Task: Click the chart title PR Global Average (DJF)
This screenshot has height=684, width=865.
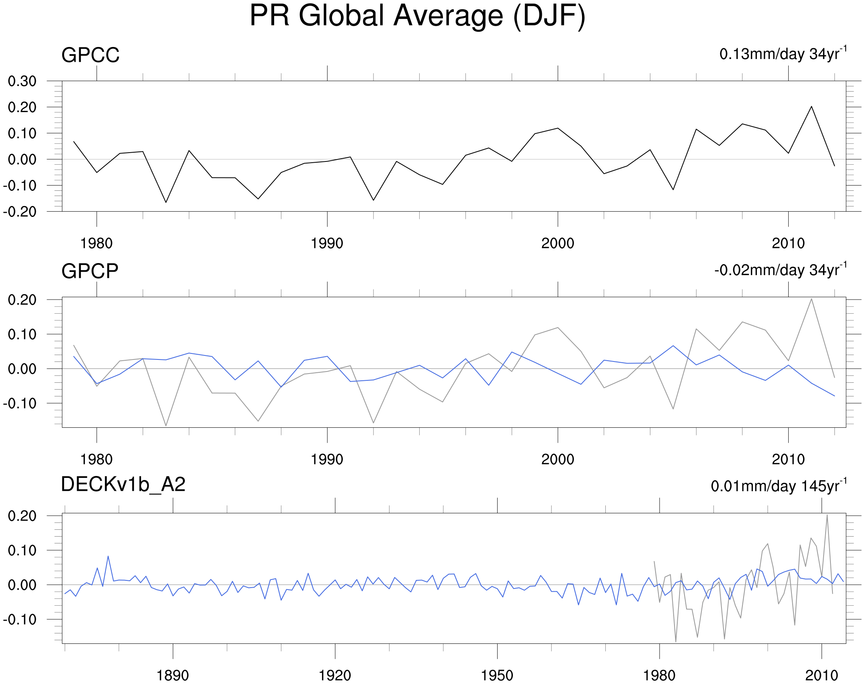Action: coord(417,16)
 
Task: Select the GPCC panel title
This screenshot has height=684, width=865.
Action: coord(90,55)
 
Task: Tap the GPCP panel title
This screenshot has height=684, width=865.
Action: coord(90,271)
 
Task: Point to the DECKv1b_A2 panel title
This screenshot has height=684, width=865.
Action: coord(123,484)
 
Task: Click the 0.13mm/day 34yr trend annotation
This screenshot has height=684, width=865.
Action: coord(783,54)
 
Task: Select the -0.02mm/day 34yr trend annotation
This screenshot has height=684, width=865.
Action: coord(780,270)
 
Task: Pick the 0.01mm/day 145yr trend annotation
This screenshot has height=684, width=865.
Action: coord(778,486)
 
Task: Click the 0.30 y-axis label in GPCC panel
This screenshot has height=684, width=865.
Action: coord(22,81)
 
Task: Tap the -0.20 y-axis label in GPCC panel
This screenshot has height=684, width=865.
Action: coord(20,212)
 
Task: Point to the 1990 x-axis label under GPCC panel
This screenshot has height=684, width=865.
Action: coord(327,243)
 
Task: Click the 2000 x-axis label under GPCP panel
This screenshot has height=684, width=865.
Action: coord(558,459)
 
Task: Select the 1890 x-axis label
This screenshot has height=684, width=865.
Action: coord(172,676)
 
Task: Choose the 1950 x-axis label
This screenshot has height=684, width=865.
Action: coord(497,676)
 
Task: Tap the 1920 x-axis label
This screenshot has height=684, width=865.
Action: coord(335,676)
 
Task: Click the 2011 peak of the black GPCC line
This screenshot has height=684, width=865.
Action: coord(811,106)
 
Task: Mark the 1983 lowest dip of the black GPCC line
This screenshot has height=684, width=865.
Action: coord(166,202)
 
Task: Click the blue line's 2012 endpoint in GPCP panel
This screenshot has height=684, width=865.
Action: coord(834,396)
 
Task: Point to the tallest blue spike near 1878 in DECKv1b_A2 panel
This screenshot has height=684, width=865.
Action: coord(108,556)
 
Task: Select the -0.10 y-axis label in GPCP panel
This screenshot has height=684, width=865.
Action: coord(20,403)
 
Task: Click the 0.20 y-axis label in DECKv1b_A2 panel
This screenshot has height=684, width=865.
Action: coord(22,516)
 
